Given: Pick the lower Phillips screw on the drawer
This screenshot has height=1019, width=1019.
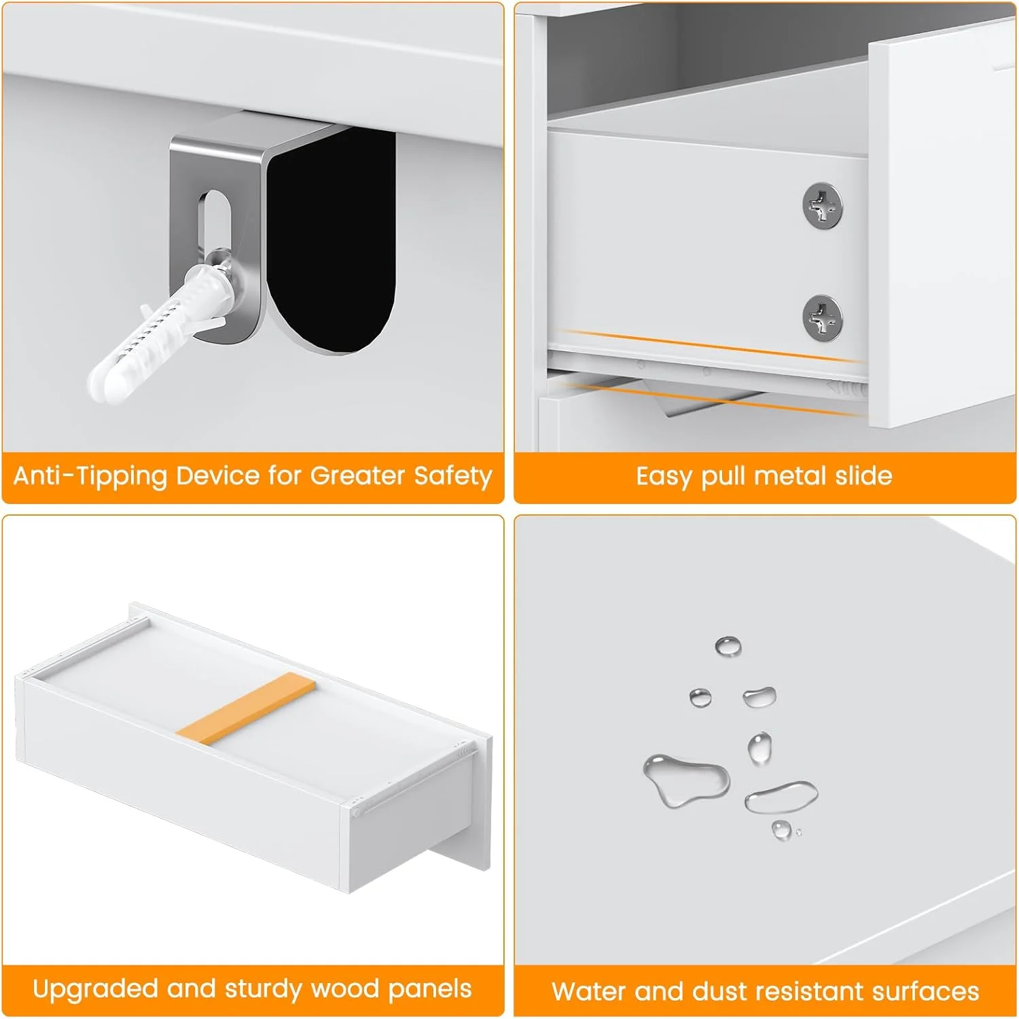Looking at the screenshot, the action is pos(822,318).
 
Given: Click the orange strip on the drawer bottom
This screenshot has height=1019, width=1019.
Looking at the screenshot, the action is pos(247,704).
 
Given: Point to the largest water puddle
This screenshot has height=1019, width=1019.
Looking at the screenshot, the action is pos(686,780).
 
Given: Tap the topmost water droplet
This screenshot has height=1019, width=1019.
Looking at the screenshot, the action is pos(728,646).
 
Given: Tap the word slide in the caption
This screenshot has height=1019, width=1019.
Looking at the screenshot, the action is pos(863,476).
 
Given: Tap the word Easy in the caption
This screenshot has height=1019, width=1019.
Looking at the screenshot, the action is pos(665,476).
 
